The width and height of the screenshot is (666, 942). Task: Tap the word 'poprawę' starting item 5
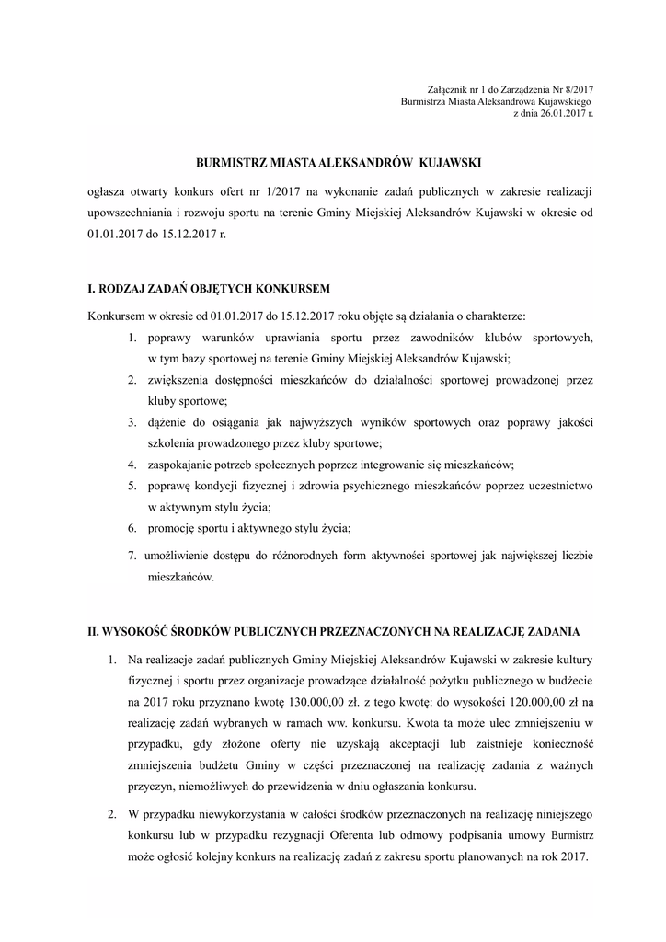point(169,486)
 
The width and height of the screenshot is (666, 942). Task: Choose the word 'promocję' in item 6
point(171,528)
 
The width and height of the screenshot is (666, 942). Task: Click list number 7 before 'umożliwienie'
point(132,556)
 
